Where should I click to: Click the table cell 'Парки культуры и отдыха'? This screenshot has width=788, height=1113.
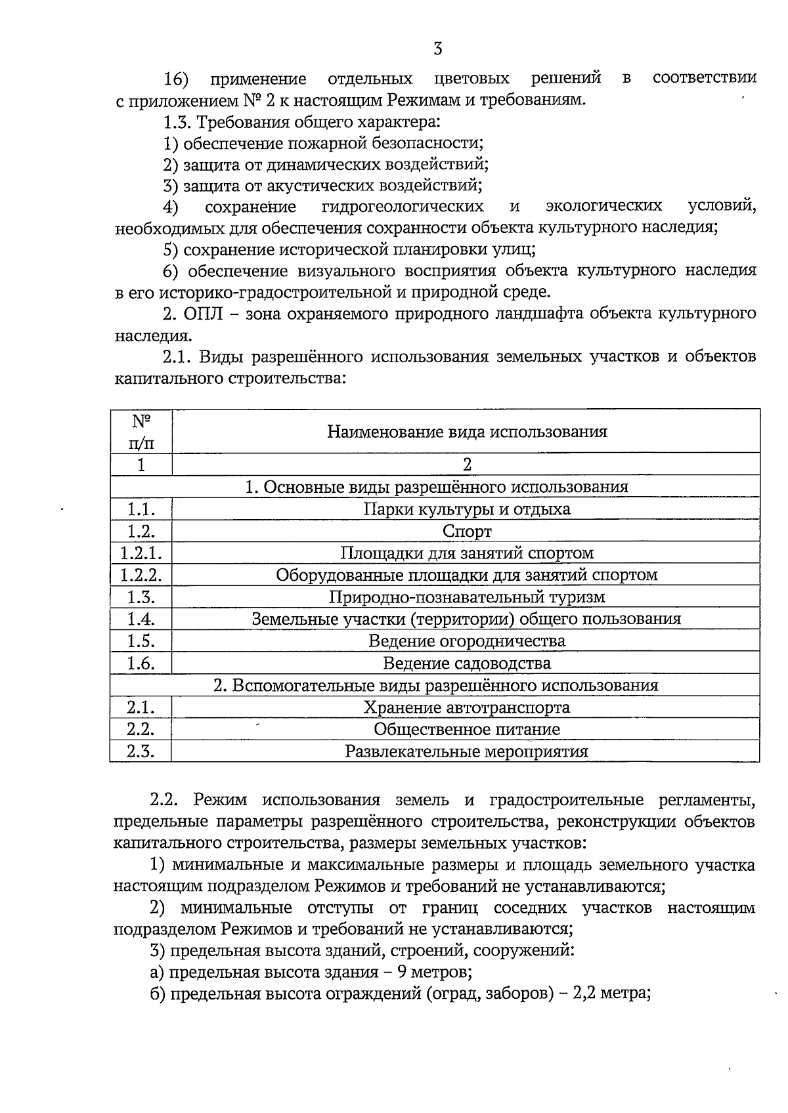click(466, 509)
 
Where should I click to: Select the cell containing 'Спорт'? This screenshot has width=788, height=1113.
click(466, 531)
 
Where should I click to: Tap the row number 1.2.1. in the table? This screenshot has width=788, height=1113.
click(141, 553)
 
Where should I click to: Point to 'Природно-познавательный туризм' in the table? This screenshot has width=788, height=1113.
click(466, 597)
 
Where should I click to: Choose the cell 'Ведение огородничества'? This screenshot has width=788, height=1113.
click(466, 641)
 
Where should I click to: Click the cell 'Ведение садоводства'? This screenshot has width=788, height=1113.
click(466, 663)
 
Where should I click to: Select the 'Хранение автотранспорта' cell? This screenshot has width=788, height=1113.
click(466, 707)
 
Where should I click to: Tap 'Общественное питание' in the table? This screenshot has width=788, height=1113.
click(466, 729)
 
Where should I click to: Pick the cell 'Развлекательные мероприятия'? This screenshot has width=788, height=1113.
click(466, 751)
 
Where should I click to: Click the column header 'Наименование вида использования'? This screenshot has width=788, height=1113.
click(466, 432)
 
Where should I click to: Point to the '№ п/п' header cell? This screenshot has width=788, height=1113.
click(141, 431)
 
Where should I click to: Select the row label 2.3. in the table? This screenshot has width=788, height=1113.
click(141, 751)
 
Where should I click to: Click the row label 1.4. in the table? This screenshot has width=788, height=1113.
click(141, 619)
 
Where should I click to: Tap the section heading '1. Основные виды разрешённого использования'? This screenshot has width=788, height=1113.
click(436, 487)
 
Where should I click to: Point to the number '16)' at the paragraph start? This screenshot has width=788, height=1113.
click(176, 79)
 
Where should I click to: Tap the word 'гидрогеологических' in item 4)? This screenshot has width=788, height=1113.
click(403, 207)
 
